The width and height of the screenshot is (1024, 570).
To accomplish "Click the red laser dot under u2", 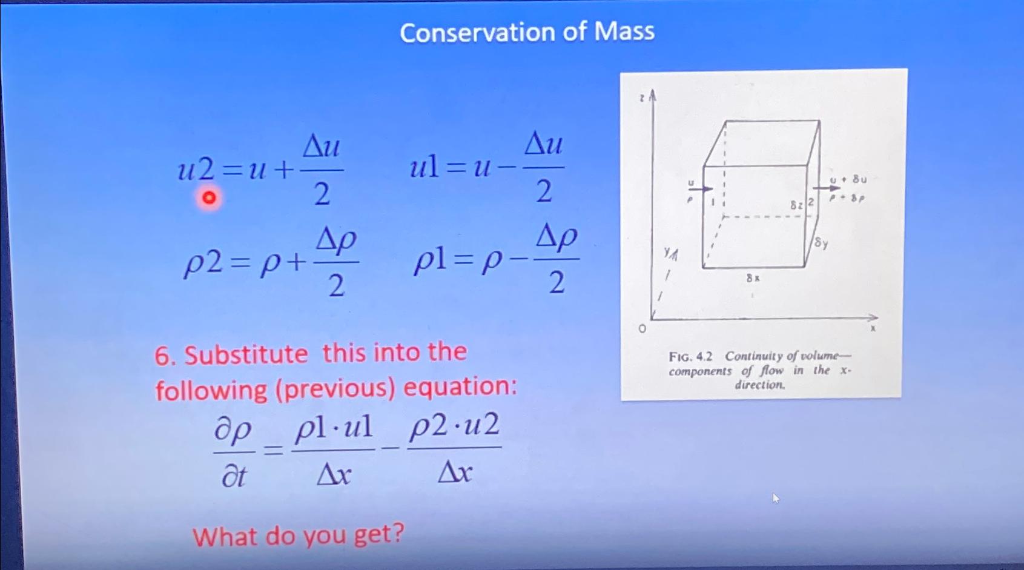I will pos(208,198).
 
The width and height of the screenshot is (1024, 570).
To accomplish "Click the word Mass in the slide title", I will pos(624,31).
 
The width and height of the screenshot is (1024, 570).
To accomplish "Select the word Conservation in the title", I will pos(477,33).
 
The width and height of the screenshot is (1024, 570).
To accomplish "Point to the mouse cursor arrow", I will pos(776,499).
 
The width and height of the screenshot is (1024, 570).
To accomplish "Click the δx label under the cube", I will pos(753,278).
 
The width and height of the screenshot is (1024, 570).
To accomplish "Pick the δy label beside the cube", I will pos(821,243).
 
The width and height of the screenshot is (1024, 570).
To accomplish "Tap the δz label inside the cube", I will pos(796,205).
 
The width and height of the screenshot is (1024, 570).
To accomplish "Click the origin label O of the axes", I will pos(642,329).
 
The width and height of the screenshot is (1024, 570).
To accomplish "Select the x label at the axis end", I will pos(873,328).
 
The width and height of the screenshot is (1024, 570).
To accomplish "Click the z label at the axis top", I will pos(642,97).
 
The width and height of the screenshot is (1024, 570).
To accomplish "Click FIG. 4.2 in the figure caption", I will pos(691,356).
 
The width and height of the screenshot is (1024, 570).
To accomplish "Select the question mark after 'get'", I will pos(397,533).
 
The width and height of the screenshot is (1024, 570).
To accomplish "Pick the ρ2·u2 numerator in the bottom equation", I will pos(455,426).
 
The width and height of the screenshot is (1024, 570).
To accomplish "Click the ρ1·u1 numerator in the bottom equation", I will pos(334,429).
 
